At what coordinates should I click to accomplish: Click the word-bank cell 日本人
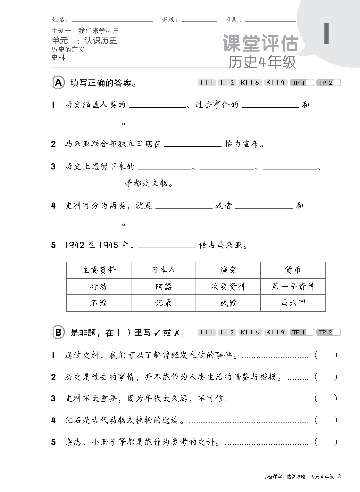click(163, 270)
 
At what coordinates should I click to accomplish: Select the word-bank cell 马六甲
click(293, 303)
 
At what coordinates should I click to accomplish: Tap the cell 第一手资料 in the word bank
click(293, 286)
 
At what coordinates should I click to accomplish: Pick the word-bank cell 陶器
click(163, 286)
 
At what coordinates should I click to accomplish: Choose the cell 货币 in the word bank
click(293, 270)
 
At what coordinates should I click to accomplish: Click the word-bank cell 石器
click(98, 303)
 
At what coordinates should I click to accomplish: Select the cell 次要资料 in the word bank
click(228, 286)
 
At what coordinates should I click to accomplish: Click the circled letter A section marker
click(58, 83)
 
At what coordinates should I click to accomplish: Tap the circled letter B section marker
click(58, 332)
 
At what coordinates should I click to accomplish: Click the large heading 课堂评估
click(260, 44)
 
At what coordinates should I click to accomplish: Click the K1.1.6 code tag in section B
click(250, 332)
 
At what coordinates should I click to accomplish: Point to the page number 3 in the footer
click(339, 477)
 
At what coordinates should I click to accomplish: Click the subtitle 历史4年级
click(262, 63)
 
